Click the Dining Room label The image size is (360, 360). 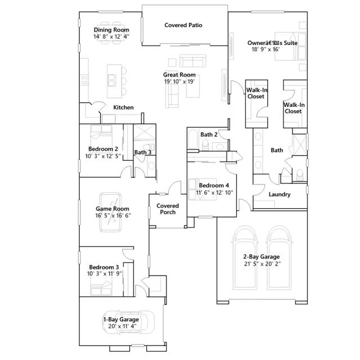[111, 30]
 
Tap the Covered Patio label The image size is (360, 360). [183, 25]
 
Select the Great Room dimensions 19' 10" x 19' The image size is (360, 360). [179, 82]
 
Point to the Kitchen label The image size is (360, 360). [123, 107]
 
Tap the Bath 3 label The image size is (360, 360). [142, 152]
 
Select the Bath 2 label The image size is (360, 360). [209, 134]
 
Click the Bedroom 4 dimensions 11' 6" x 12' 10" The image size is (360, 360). [214, 192]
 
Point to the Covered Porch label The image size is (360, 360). [168, 209]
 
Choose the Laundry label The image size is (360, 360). [280, 195]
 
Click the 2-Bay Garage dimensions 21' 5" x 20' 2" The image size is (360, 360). [262, 264]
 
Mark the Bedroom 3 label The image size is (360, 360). [103, 267]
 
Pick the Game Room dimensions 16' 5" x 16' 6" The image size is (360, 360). [112, 215]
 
